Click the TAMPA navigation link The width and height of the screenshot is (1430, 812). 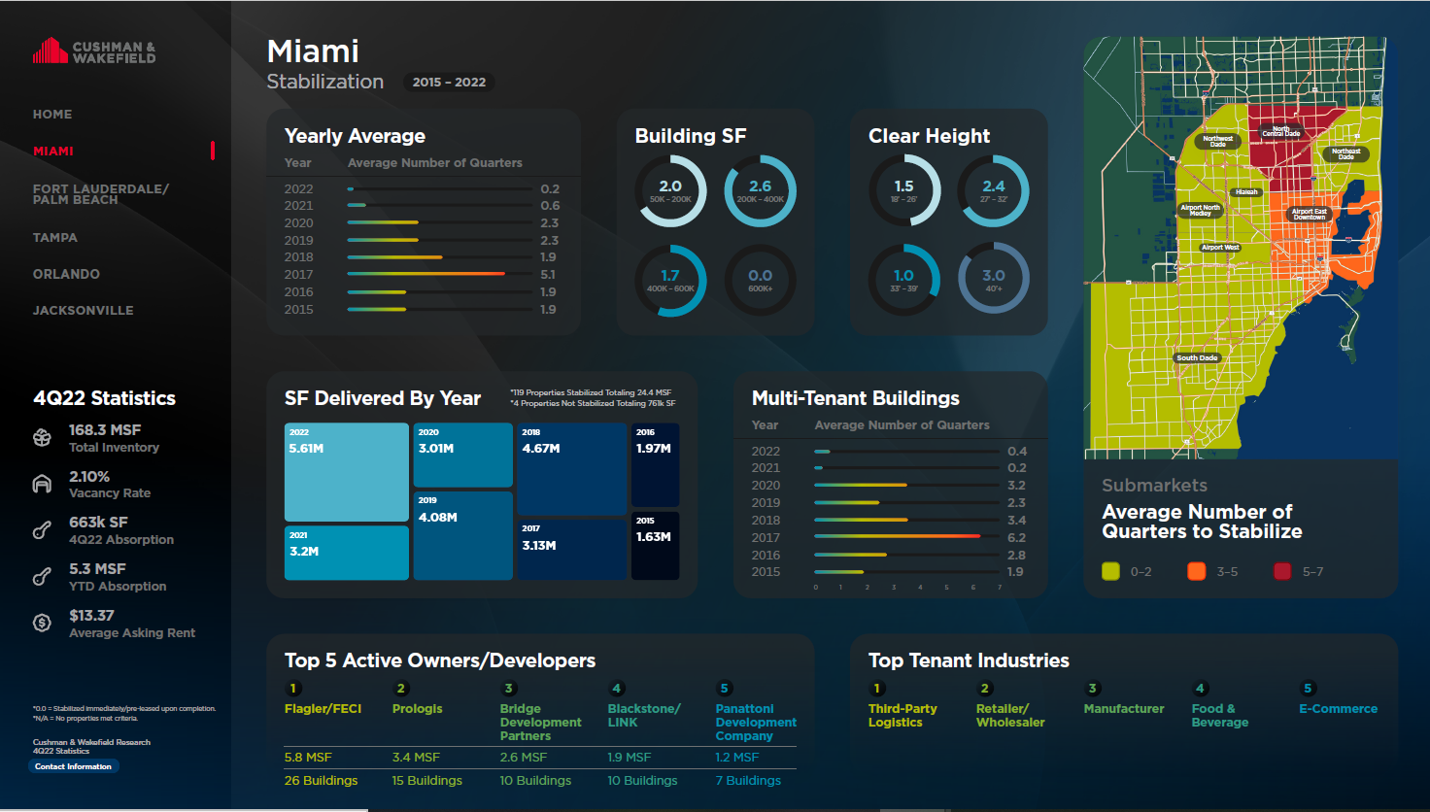pos(55,238)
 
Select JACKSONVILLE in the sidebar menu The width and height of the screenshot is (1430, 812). pos(84,311)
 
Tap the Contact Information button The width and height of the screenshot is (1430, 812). pos(74,766)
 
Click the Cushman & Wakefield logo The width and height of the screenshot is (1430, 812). pos(94,51)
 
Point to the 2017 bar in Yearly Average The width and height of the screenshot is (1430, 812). pos(426,274)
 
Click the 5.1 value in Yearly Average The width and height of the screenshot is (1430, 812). pos(548,275)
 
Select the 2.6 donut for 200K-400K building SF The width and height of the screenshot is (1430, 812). pos(760,191)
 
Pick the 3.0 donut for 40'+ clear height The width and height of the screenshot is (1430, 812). pos(993,281)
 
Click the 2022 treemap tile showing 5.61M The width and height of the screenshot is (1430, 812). pos(346,472)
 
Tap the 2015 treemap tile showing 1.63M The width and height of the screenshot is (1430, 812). pos(655,546)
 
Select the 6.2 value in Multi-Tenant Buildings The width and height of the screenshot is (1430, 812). pos(1016,537)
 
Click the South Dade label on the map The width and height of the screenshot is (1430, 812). pos(1197,358)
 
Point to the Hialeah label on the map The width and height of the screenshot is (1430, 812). pos(1246,192)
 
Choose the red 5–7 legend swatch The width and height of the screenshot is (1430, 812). pos(1282,571)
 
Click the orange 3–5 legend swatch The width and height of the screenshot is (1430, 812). pos(1197,571)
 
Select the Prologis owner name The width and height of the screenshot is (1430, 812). pos(417,709)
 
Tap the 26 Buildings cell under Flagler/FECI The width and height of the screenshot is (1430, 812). pos(321,781)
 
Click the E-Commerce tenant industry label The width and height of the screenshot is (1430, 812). pos(1338,709)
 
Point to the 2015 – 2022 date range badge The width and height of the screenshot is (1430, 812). pos(449,83)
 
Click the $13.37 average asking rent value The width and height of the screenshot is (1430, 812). pos(91,616)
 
